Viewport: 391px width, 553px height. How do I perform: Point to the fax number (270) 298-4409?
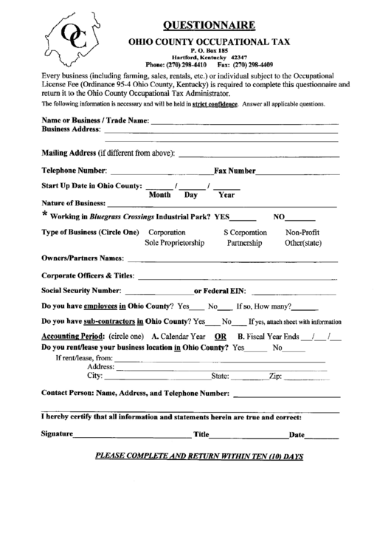pos(252,64)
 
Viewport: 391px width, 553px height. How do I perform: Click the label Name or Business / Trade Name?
pos(96,120)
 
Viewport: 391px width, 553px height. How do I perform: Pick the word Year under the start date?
pos(226,195)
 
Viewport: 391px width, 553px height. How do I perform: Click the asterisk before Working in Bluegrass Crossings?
pos(45,215)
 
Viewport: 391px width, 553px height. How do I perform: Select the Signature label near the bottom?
pos(58,434)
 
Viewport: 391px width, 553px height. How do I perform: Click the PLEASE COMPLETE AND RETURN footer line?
pos(200,456)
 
